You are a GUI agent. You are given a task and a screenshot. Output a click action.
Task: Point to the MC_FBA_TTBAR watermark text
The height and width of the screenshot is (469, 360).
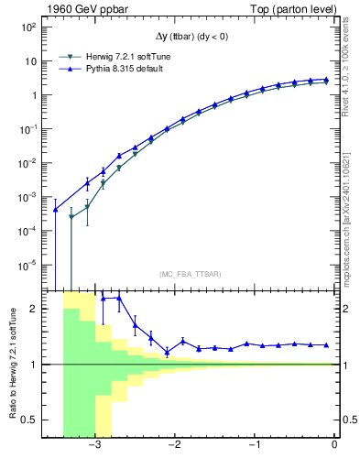(191, 274)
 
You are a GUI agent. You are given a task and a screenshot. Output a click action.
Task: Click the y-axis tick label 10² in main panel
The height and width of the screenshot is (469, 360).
(28, 27)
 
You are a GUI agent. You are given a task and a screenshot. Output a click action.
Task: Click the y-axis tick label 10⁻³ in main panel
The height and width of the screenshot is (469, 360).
(27, 197)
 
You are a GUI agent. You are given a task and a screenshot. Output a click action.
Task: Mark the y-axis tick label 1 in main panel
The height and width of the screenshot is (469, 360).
(32, 95)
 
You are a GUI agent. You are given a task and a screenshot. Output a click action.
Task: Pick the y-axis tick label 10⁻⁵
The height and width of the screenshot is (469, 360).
(27, 265)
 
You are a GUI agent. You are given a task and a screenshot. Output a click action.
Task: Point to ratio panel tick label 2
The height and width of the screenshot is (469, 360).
(32, 310)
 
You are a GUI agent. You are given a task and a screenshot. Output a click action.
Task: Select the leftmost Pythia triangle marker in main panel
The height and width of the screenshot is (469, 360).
(56, 210)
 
